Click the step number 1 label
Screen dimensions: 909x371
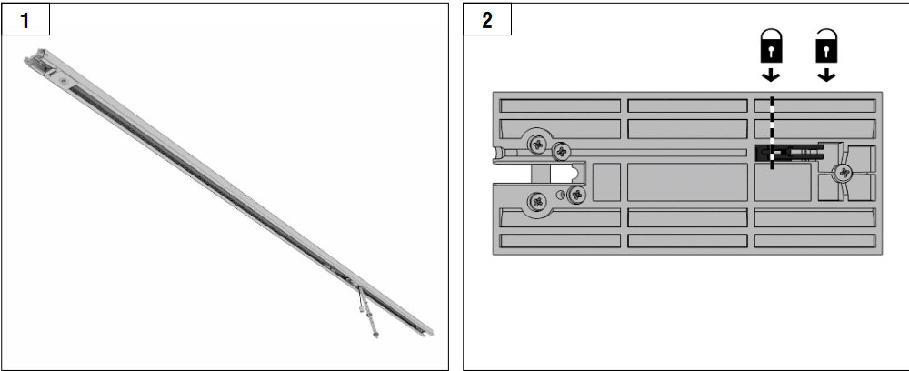pos(25,21)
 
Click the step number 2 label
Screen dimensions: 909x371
pos(487,21)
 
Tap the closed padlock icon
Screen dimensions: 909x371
pos(771,47)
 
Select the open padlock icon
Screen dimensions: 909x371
pos(826,45)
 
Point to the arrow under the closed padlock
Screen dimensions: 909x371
pos(771,75)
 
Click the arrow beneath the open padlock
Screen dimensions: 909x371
pos(826,75)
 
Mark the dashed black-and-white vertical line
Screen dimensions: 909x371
pos(772,133)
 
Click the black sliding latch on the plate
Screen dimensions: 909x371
pos(789,153)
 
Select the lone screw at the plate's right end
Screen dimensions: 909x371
pos(844,172)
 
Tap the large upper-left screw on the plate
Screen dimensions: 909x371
pos(537,143)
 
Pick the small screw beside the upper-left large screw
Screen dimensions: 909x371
pos(562,152)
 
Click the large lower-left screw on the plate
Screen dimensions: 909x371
pos(537,202)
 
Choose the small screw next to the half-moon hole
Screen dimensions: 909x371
pos(577,195)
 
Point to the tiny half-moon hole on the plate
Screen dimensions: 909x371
pos(559,195)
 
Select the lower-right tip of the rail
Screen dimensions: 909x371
pos(431,332)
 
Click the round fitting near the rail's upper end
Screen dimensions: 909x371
pos(64,82)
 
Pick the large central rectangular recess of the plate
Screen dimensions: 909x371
pos(687,182)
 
